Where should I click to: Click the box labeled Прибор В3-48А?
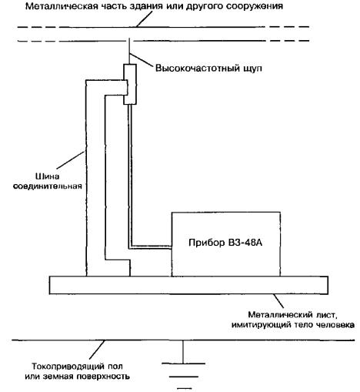click(225, 244)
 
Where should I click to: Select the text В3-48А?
click(245, 243)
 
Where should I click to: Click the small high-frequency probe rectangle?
click(130, 84)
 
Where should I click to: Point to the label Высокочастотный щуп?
click(208, 69)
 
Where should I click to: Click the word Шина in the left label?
click(47, 176)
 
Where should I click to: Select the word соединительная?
click(48, 186)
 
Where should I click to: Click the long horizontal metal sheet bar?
click(188, 285)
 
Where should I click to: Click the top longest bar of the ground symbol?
click(183, 364)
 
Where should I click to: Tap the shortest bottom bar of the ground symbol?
click(184, 388)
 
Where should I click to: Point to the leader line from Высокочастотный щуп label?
click(142, 59)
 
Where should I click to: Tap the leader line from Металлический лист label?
click(278, 301)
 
